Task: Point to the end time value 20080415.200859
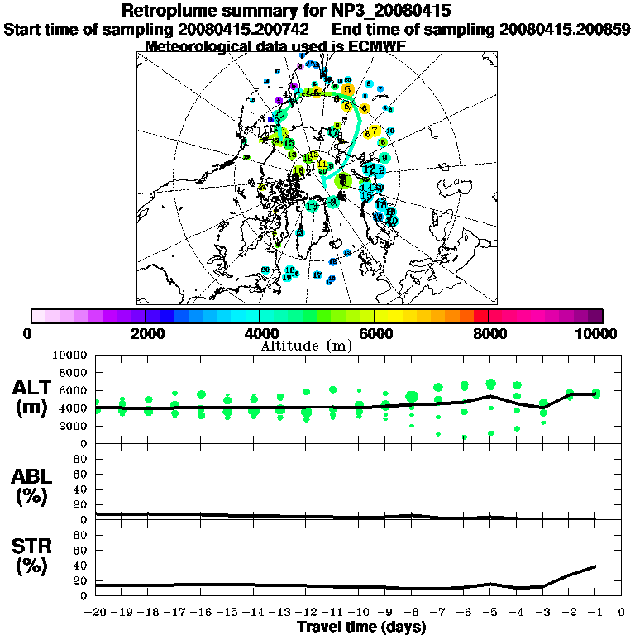[565, 29]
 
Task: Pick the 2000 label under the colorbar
[146, 333]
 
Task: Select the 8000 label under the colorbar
[489, 333]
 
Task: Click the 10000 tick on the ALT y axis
[71, 355]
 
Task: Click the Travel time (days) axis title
[361, 628]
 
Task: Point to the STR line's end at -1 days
[595, 566]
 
